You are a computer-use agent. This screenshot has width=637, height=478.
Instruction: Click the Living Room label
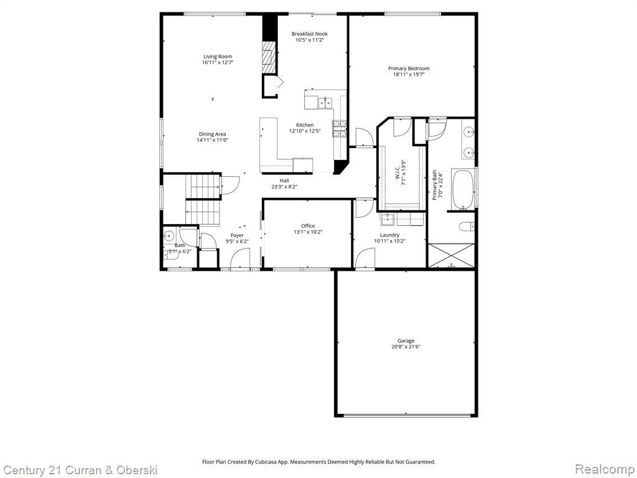click(x=217, y=57)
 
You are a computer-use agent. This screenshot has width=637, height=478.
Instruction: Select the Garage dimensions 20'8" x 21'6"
click(x=406, y=347)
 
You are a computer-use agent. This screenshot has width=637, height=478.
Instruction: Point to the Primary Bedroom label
click(x=409, y=68)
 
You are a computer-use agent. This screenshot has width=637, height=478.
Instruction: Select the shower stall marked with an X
click(x=451, y=255)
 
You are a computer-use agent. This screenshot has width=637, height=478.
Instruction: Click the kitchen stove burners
click(x=339, y=128)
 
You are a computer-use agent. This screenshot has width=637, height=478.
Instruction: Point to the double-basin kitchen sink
click(x=324, y=101)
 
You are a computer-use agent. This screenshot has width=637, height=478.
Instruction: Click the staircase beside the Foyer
click(x=203, y=199)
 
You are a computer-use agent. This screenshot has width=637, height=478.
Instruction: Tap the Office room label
click(x=308, y=226)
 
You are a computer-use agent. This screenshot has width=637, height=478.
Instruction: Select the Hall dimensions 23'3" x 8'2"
click(x=284, y=187)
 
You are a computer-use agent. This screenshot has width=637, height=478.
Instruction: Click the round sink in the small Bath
click(x=169, y=236)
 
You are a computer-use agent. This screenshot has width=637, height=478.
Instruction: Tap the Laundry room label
click(x=389, y=235)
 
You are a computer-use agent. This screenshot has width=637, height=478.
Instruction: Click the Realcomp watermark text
click(x=603, y=469)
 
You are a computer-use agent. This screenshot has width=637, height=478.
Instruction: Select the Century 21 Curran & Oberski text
click(x=80, y=469)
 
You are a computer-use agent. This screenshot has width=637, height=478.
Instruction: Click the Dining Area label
click(x=212, y=134)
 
